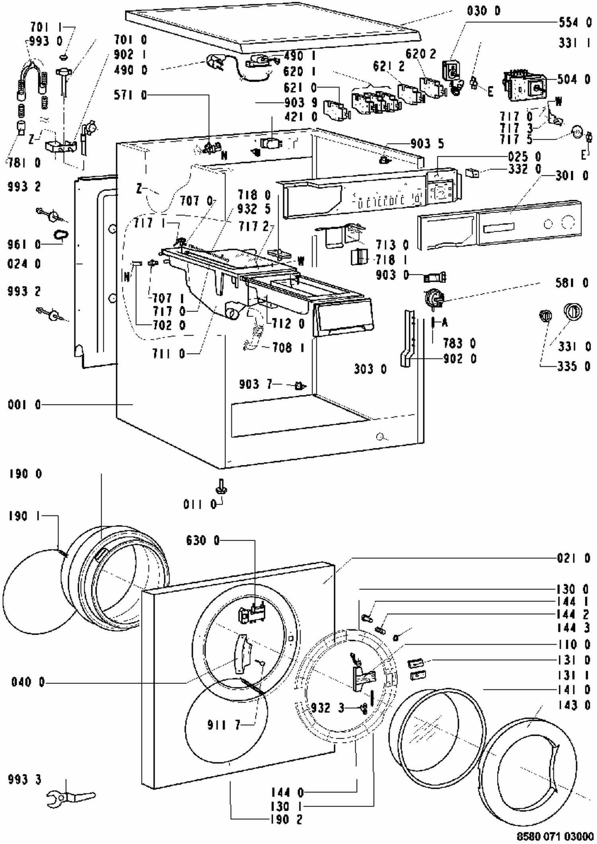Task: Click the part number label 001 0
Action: point(24,405)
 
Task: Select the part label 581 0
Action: point(572,283)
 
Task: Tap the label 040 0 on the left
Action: point(28,682)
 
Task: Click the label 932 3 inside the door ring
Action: point(327,708)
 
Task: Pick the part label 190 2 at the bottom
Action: point(287,820)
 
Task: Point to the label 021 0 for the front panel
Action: point(573,558)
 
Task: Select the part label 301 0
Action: point(572,175)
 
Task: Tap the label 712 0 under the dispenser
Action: point(288,324)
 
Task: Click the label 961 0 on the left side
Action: point(24,244)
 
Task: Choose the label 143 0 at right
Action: point(573,705)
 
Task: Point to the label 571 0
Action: point(130,95)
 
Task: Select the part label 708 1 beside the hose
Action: point(288,348)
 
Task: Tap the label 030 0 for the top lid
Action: point(484,11)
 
